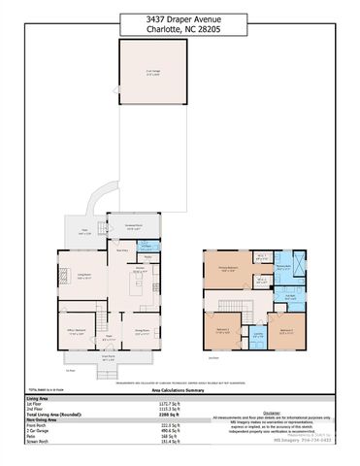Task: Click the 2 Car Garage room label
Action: click(x=153, y=73)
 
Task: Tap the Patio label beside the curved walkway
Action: click(x=84, y=233)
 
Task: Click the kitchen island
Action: click(x=141, y=286)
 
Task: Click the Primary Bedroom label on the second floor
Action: click(x=227, y=270)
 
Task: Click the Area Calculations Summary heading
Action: click(x=180, y=391)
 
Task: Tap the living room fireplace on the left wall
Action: click(x=57, y=274)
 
